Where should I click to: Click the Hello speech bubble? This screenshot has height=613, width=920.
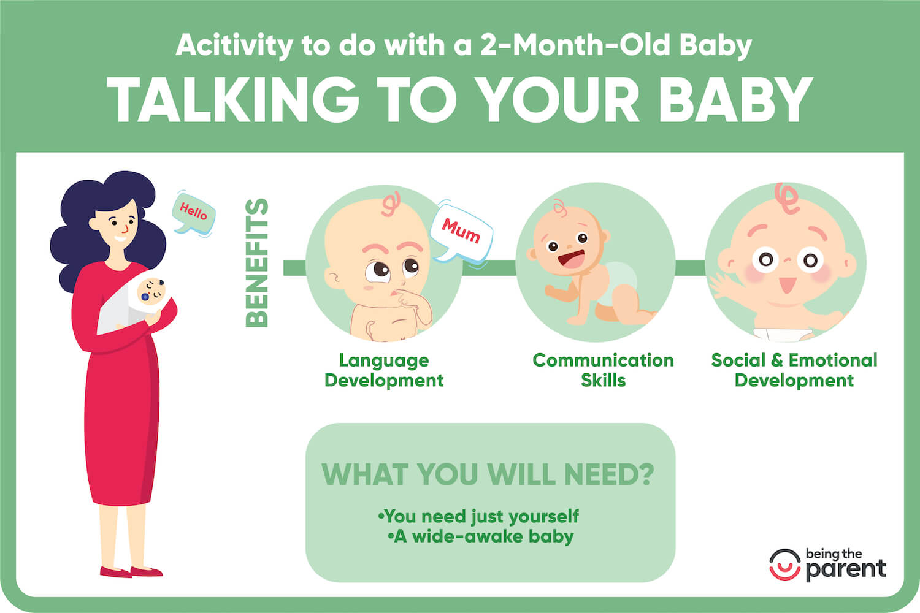pos(193,214)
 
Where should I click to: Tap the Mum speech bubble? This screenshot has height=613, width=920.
pos(461,232)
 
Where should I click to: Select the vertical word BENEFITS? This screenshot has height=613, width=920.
pos(257,263)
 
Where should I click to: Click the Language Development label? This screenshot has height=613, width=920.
pos(384,370)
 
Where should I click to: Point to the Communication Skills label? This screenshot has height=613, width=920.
pos(603,370)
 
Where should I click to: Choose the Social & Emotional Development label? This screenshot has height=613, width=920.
pos(794,370)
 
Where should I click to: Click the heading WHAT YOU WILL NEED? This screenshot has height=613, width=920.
pos(488,474)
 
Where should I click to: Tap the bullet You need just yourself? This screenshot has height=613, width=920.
pos(478,517)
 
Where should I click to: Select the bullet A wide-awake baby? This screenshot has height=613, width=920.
pos(480,536)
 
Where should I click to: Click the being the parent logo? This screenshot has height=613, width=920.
pos(827,565)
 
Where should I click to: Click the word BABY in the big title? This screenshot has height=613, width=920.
pos(737,100)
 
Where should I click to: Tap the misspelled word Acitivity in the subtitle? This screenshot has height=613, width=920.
pos(234,45)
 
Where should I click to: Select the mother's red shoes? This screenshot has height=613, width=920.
pos(131,571)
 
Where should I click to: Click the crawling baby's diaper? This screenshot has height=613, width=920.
pos(616,283)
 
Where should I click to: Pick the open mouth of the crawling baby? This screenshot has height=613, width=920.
pos(571,259)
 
